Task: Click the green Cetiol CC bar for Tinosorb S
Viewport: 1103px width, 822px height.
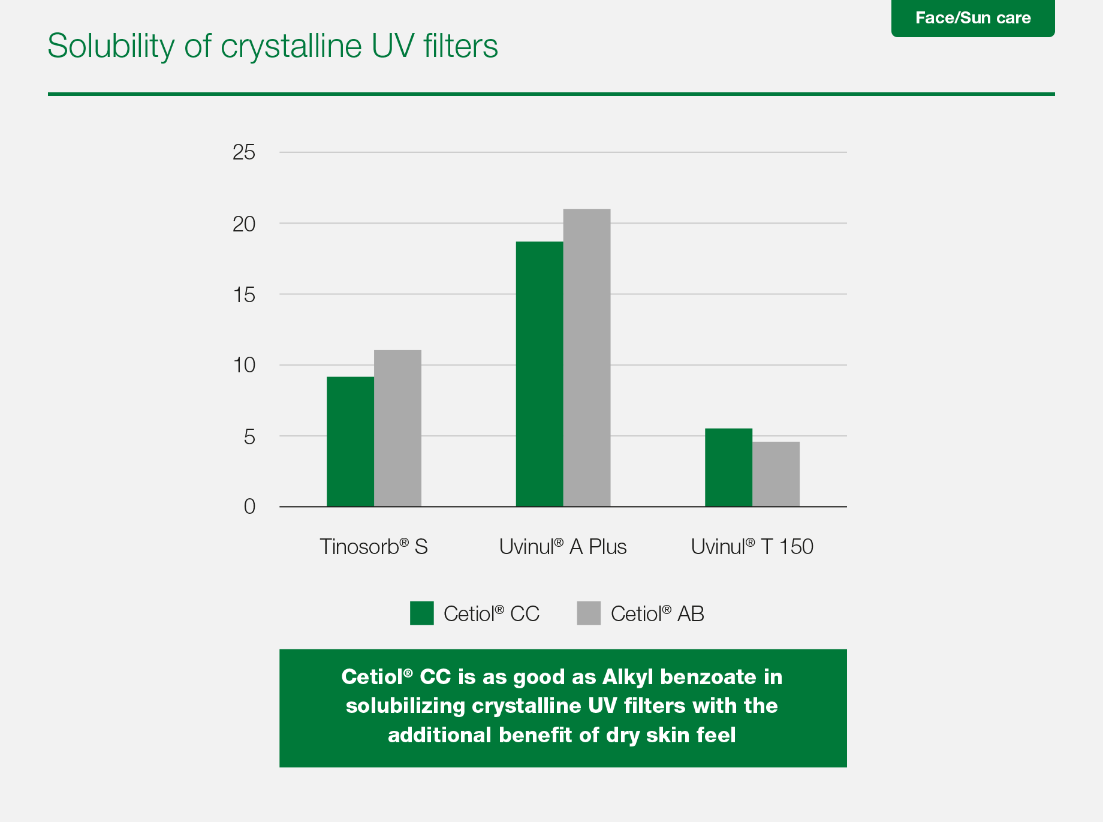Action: coord(350,441)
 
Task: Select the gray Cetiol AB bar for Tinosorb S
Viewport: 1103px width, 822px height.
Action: coord(397,428)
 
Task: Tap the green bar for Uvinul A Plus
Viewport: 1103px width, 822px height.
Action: coord(540,374)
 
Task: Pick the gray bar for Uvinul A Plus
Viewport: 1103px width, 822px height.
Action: coord(587,358)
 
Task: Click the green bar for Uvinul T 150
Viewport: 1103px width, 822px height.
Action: coord(728,468)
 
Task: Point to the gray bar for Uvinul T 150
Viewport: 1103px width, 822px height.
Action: coord(776,474)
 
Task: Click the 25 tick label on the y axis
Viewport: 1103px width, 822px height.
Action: coord(244,152)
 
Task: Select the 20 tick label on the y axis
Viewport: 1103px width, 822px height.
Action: coord(244,224)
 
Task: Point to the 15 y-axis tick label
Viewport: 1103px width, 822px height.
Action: coord(244,294)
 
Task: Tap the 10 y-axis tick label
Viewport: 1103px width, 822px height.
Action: coord(244,365)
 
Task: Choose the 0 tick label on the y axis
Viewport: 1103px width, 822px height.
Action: coord(249,507)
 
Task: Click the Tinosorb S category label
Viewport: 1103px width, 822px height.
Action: coord(373,547)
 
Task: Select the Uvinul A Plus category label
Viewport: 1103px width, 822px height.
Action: coord(563,547)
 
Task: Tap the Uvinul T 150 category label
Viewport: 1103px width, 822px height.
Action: coord(752,547)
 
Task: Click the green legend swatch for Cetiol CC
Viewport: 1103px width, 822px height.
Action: coord(422,613)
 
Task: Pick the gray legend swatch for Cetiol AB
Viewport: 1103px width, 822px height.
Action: coord(589,613)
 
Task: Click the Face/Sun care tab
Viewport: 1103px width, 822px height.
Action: coord(973,18)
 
